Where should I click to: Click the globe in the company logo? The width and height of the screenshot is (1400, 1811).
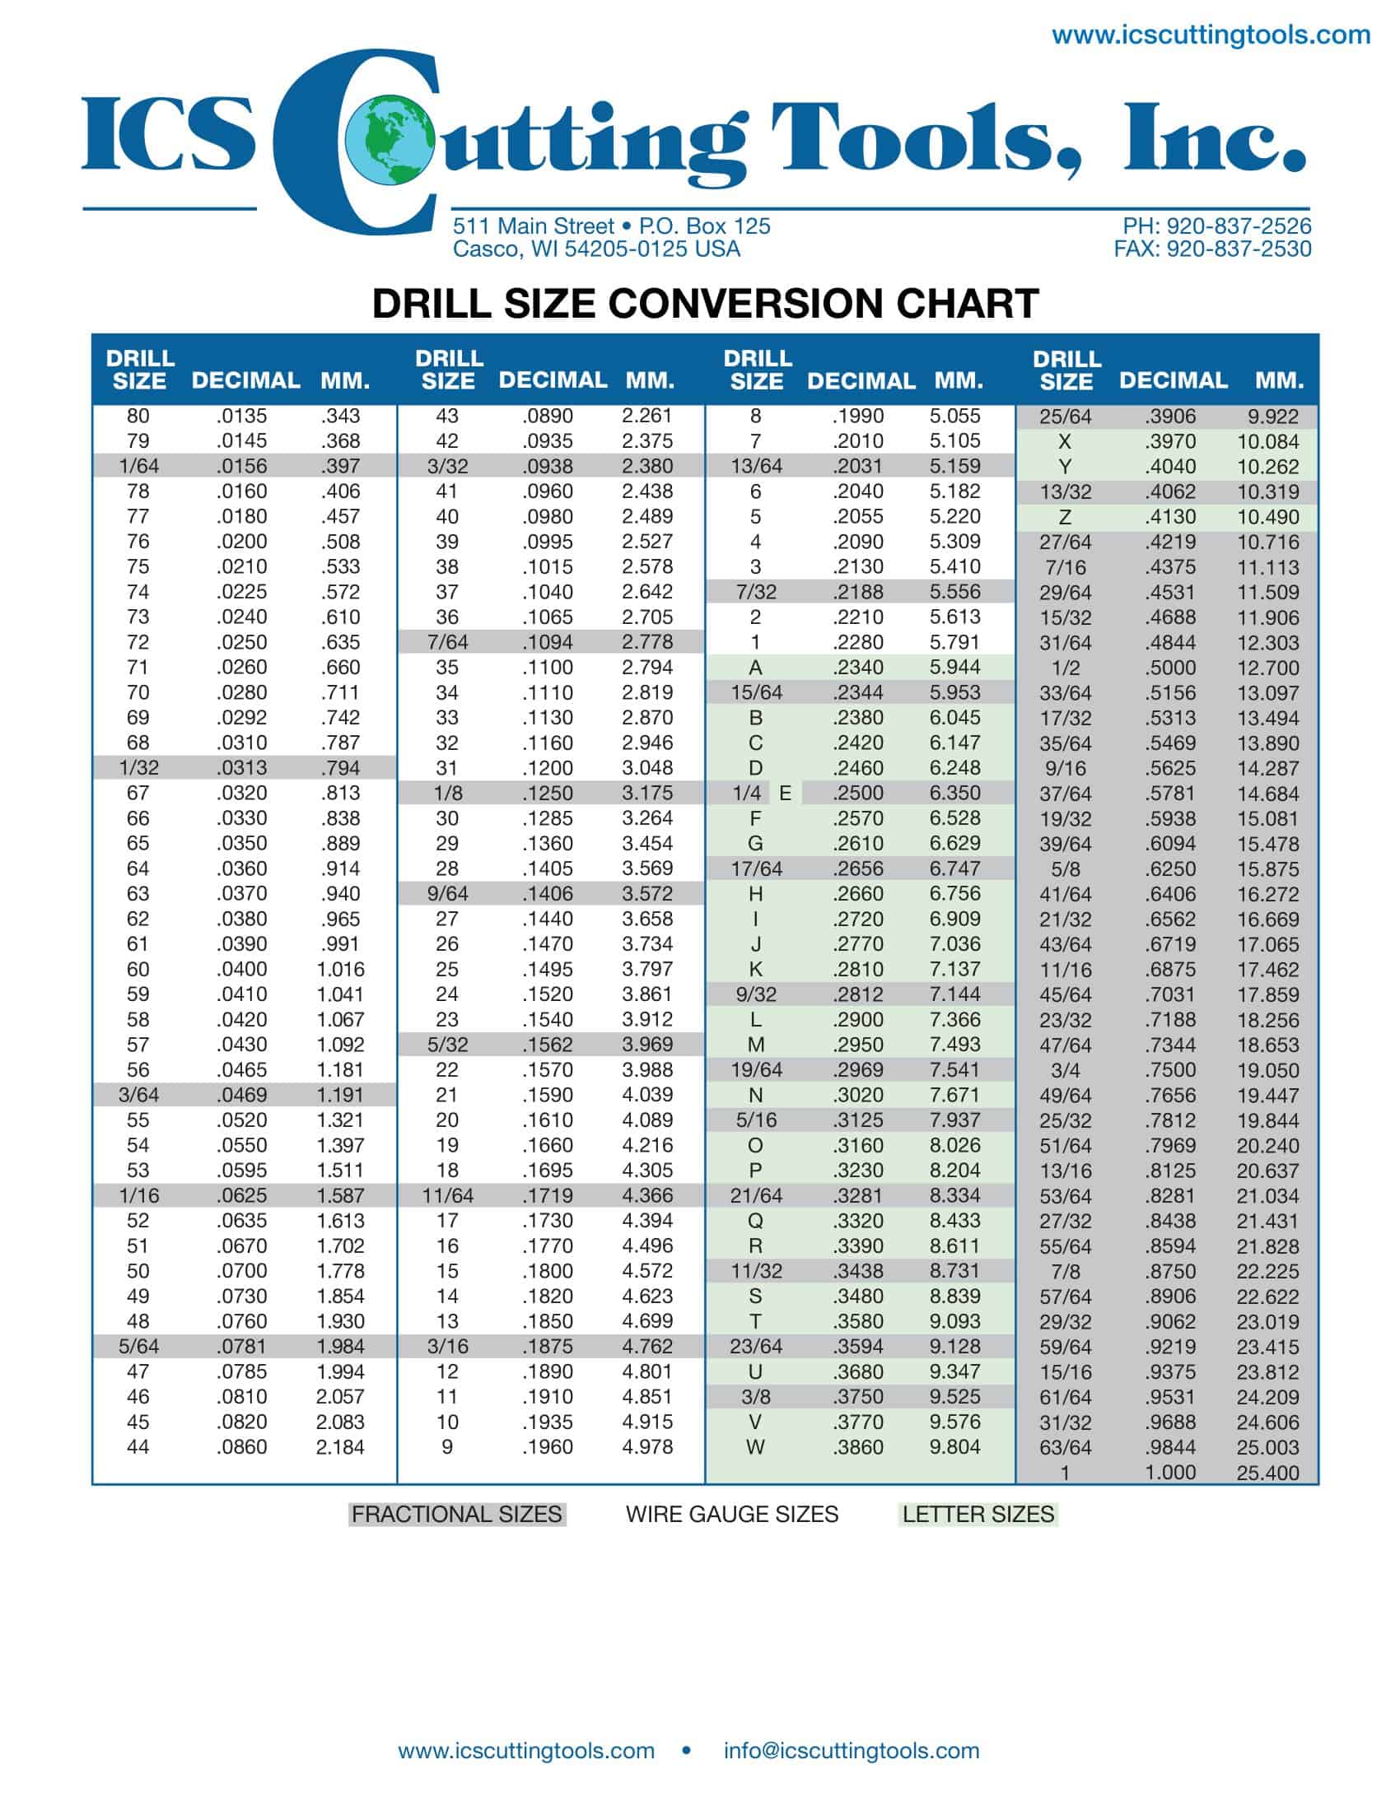pos(390,140)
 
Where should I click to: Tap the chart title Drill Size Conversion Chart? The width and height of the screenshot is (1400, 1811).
pos(705,304)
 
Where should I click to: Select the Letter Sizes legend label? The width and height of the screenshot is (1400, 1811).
pos(978,1514)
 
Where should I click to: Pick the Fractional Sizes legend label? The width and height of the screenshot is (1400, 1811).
pos(456,1514)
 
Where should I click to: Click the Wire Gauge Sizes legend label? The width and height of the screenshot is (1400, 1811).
pos(731,1514)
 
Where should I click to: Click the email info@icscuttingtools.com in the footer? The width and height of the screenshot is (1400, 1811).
pos(851,1750)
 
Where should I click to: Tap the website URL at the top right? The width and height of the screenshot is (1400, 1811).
pos(1211,35)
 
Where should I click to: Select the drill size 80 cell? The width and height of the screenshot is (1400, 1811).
pos(138,417)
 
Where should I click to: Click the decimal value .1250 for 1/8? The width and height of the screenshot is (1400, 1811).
pos(548,793)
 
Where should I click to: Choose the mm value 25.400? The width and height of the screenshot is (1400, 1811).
pos(1267,1473)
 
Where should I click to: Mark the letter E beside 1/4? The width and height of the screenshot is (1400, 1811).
pos(785,794)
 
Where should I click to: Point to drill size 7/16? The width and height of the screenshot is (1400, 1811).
pos(1065,568)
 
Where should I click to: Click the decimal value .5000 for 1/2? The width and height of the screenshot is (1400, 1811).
pos(1169,668)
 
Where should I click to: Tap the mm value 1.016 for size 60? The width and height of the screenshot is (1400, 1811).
pos(340,970)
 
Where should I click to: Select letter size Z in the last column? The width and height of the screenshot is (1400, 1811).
pos(1065,518)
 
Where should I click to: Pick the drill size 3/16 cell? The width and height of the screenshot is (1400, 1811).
pos(447,1347)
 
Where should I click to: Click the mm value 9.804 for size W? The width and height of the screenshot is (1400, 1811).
pos(954,1447)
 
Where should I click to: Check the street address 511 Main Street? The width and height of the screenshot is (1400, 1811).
pos(534,226)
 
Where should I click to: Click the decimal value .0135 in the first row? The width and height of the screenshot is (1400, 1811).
pos(241,417)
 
